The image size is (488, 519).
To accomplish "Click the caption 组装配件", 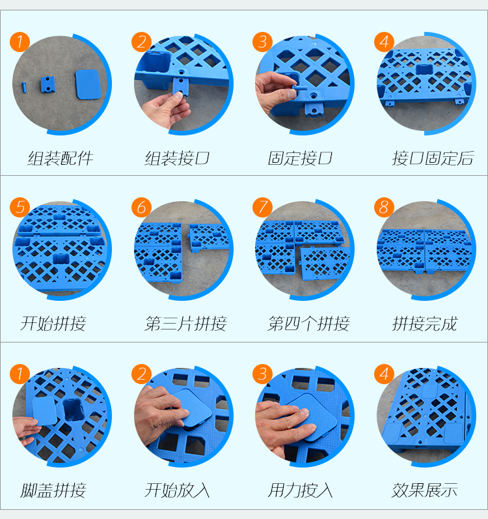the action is [61, 158].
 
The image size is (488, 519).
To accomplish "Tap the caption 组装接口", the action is [177, 158].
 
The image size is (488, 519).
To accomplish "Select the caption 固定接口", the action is [300, 158].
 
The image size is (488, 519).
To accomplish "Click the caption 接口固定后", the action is [433, 158].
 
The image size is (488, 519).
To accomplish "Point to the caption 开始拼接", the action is [53, 324].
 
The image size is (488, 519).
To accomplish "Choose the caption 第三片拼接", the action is [185, 324].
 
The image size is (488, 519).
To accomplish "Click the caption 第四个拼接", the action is [308, 324].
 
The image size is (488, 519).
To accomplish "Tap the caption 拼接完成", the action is [425, 324].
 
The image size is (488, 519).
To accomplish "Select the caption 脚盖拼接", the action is [53, 490].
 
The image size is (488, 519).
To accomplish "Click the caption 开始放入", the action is [177, 490].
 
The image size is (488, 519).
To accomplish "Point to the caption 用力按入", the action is [300, 490].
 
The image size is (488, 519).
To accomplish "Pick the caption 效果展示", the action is [425, 490].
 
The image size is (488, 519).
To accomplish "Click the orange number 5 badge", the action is [20, 208].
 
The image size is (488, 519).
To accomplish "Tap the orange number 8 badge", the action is [384, 208].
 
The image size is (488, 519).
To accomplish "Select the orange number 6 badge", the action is [141, 208].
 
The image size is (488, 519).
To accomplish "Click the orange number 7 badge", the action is [262, 208].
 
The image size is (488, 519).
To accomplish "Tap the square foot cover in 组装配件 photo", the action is [88, 85].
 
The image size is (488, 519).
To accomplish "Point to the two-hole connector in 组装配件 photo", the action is [47, 85].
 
